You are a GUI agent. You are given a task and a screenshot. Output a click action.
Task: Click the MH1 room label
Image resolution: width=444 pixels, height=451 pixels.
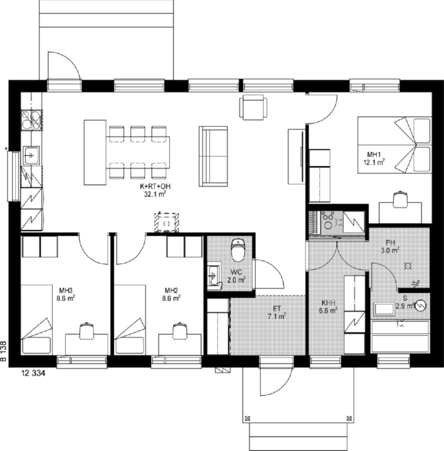(x=374, y=154)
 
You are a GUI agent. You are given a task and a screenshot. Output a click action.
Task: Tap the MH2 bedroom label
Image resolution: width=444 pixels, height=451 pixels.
(x=172, y=290)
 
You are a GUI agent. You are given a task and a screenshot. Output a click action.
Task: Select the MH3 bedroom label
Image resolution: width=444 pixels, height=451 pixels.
(x=66, y=290)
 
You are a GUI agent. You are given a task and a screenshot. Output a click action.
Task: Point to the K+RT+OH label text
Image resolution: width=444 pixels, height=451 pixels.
(x=156, y=187)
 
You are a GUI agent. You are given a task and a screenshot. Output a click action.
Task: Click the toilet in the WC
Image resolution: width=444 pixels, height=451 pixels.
(x=238, y=249)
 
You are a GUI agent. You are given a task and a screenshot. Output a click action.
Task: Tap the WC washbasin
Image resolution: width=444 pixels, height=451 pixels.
(x=214, y=276)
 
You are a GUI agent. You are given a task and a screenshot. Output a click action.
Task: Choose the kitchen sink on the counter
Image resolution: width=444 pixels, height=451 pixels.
(x=31, y=156)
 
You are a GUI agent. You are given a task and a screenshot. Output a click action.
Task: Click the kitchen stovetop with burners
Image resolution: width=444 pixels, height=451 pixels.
(x=32, y=120)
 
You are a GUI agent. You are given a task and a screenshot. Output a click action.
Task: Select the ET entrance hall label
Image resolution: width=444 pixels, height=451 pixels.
(x=277, y=309)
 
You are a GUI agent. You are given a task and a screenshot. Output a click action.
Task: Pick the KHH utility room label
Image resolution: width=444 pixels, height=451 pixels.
(x=328, y=303)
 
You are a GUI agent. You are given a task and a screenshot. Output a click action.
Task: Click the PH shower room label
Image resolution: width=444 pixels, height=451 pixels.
(x=390, y=242)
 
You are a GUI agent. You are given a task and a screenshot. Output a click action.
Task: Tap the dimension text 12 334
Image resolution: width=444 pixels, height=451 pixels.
(x=33, y=373)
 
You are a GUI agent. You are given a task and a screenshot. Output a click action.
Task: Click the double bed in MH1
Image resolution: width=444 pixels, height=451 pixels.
(x=394, y=145)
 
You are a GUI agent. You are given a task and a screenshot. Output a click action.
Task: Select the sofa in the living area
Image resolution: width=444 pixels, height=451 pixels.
(x=213, y=156)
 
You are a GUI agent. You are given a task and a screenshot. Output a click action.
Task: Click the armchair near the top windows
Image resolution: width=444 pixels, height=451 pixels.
(x=253, y=107)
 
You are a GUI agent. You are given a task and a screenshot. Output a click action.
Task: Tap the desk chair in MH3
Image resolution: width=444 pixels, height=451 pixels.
(x=87, y=331)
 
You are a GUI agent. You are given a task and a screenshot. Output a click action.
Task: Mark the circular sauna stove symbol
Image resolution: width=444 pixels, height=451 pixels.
(x=420, y=306)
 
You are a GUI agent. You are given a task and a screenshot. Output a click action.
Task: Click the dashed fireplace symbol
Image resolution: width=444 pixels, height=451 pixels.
(x=167, y=222)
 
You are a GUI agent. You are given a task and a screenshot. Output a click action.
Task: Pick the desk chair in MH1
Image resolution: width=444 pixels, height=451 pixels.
(x=400, y=199)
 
